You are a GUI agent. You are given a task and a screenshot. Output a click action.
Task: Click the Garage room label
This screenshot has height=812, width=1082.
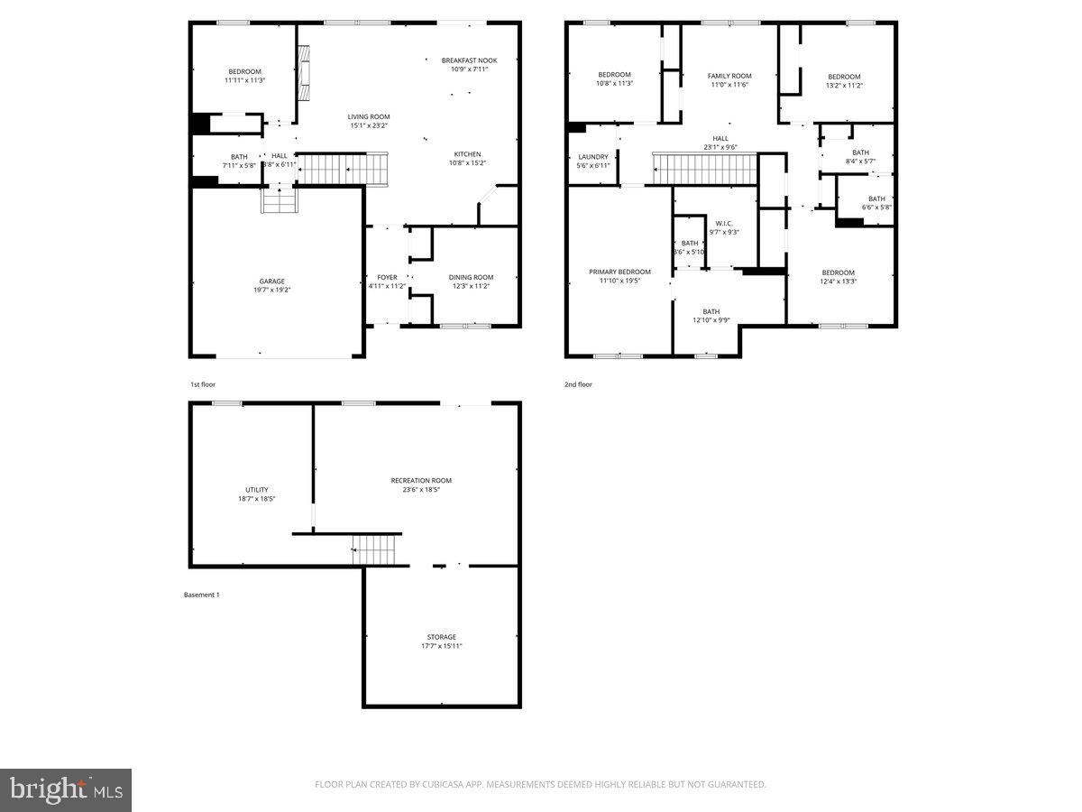[271, 281]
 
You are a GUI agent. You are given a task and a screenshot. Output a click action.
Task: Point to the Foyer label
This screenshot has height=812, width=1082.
[387, 277]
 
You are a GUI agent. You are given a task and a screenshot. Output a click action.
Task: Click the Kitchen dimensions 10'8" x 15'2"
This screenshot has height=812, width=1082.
[467, 163]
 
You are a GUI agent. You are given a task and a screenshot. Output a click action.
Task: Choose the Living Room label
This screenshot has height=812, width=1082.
[369, 116]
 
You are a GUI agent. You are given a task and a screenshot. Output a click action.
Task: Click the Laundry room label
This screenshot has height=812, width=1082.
[593, 157]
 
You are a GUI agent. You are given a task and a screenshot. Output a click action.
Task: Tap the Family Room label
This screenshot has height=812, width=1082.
[729, 76]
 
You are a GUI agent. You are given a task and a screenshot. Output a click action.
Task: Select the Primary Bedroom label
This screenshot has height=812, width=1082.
[619, 272]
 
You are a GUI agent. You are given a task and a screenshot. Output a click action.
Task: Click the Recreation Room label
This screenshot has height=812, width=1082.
[421, 480]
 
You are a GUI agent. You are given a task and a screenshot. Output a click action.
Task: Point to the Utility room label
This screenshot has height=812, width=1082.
[256, 489]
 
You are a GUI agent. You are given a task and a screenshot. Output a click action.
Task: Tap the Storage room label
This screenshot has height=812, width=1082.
[441, 636]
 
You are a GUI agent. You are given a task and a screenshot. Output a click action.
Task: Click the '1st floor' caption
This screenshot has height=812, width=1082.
[203, 384]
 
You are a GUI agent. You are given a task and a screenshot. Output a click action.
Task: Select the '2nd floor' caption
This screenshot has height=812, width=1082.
[579, 384]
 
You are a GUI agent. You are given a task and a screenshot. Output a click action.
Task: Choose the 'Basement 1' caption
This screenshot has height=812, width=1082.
[201, 595]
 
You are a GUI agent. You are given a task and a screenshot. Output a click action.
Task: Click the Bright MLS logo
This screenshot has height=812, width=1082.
[66, 790]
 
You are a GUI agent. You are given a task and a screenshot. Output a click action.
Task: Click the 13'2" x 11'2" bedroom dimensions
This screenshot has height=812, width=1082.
[844, 85]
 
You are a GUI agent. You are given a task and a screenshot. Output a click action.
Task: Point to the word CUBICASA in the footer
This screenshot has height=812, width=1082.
[441, 784]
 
